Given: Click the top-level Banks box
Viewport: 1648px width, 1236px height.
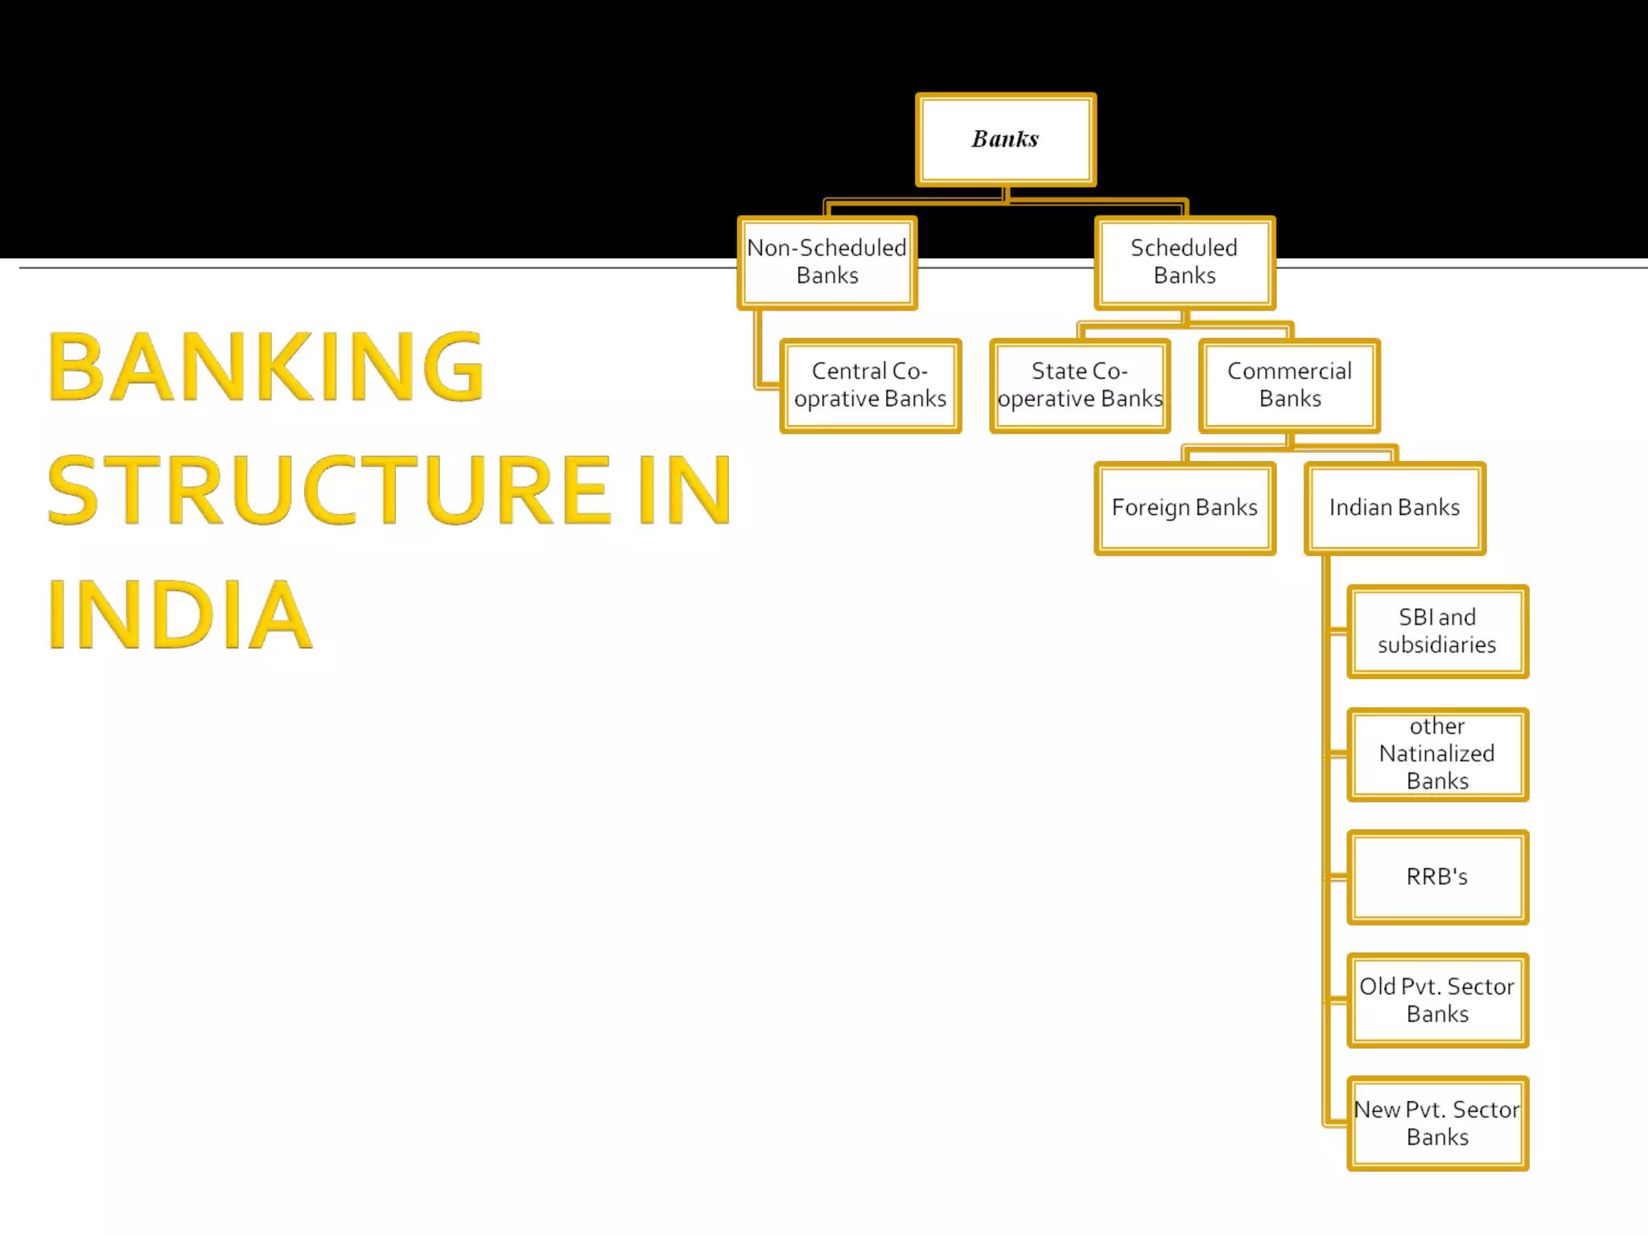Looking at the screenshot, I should tap(1005, 139).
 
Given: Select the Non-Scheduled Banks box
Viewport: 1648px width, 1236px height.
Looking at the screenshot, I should tap(827, 262).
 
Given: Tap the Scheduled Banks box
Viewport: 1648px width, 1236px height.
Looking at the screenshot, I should tap(1184, 262).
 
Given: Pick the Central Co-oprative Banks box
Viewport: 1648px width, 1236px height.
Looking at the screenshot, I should tap(870, 385).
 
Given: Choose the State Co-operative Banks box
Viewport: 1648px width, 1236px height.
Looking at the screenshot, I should tap(1080, 385).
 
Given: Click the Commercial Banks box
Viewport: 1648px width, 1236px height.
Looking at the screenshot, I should tap(1289, 385).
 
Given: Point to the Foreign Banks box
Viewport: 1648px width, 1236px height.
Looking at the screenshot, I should tap(1184, 508).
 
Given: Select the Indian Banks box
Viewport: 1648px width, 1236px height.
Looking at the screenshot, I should tap(1395, 508).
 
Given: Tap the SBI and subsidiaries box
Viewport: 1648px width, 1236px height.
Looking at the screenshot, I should tap(1437, 632).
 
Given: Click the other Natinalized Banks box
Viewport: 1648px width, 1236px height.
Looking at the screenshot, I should tap(1437, 754).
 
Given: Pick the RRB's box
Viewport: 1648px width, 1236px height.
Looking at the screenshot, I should tap(1437, 877).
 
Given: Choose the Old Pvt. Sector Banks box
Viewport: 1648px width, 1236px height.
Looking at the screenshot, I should tap(1437, 1000).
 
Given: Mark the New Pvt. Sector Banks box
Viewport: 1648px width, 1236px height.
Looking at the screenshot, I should tap(1437, 1123).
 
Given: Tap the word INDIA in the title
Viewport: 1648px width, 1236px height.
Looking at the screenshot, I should tap(179, 614).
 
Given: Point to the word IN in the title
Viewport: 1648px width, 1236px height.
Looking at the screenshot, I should tap(685, 489).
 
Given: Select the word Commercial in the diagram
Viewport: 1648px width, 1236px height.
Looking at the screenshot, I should tap(1289, 371).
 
